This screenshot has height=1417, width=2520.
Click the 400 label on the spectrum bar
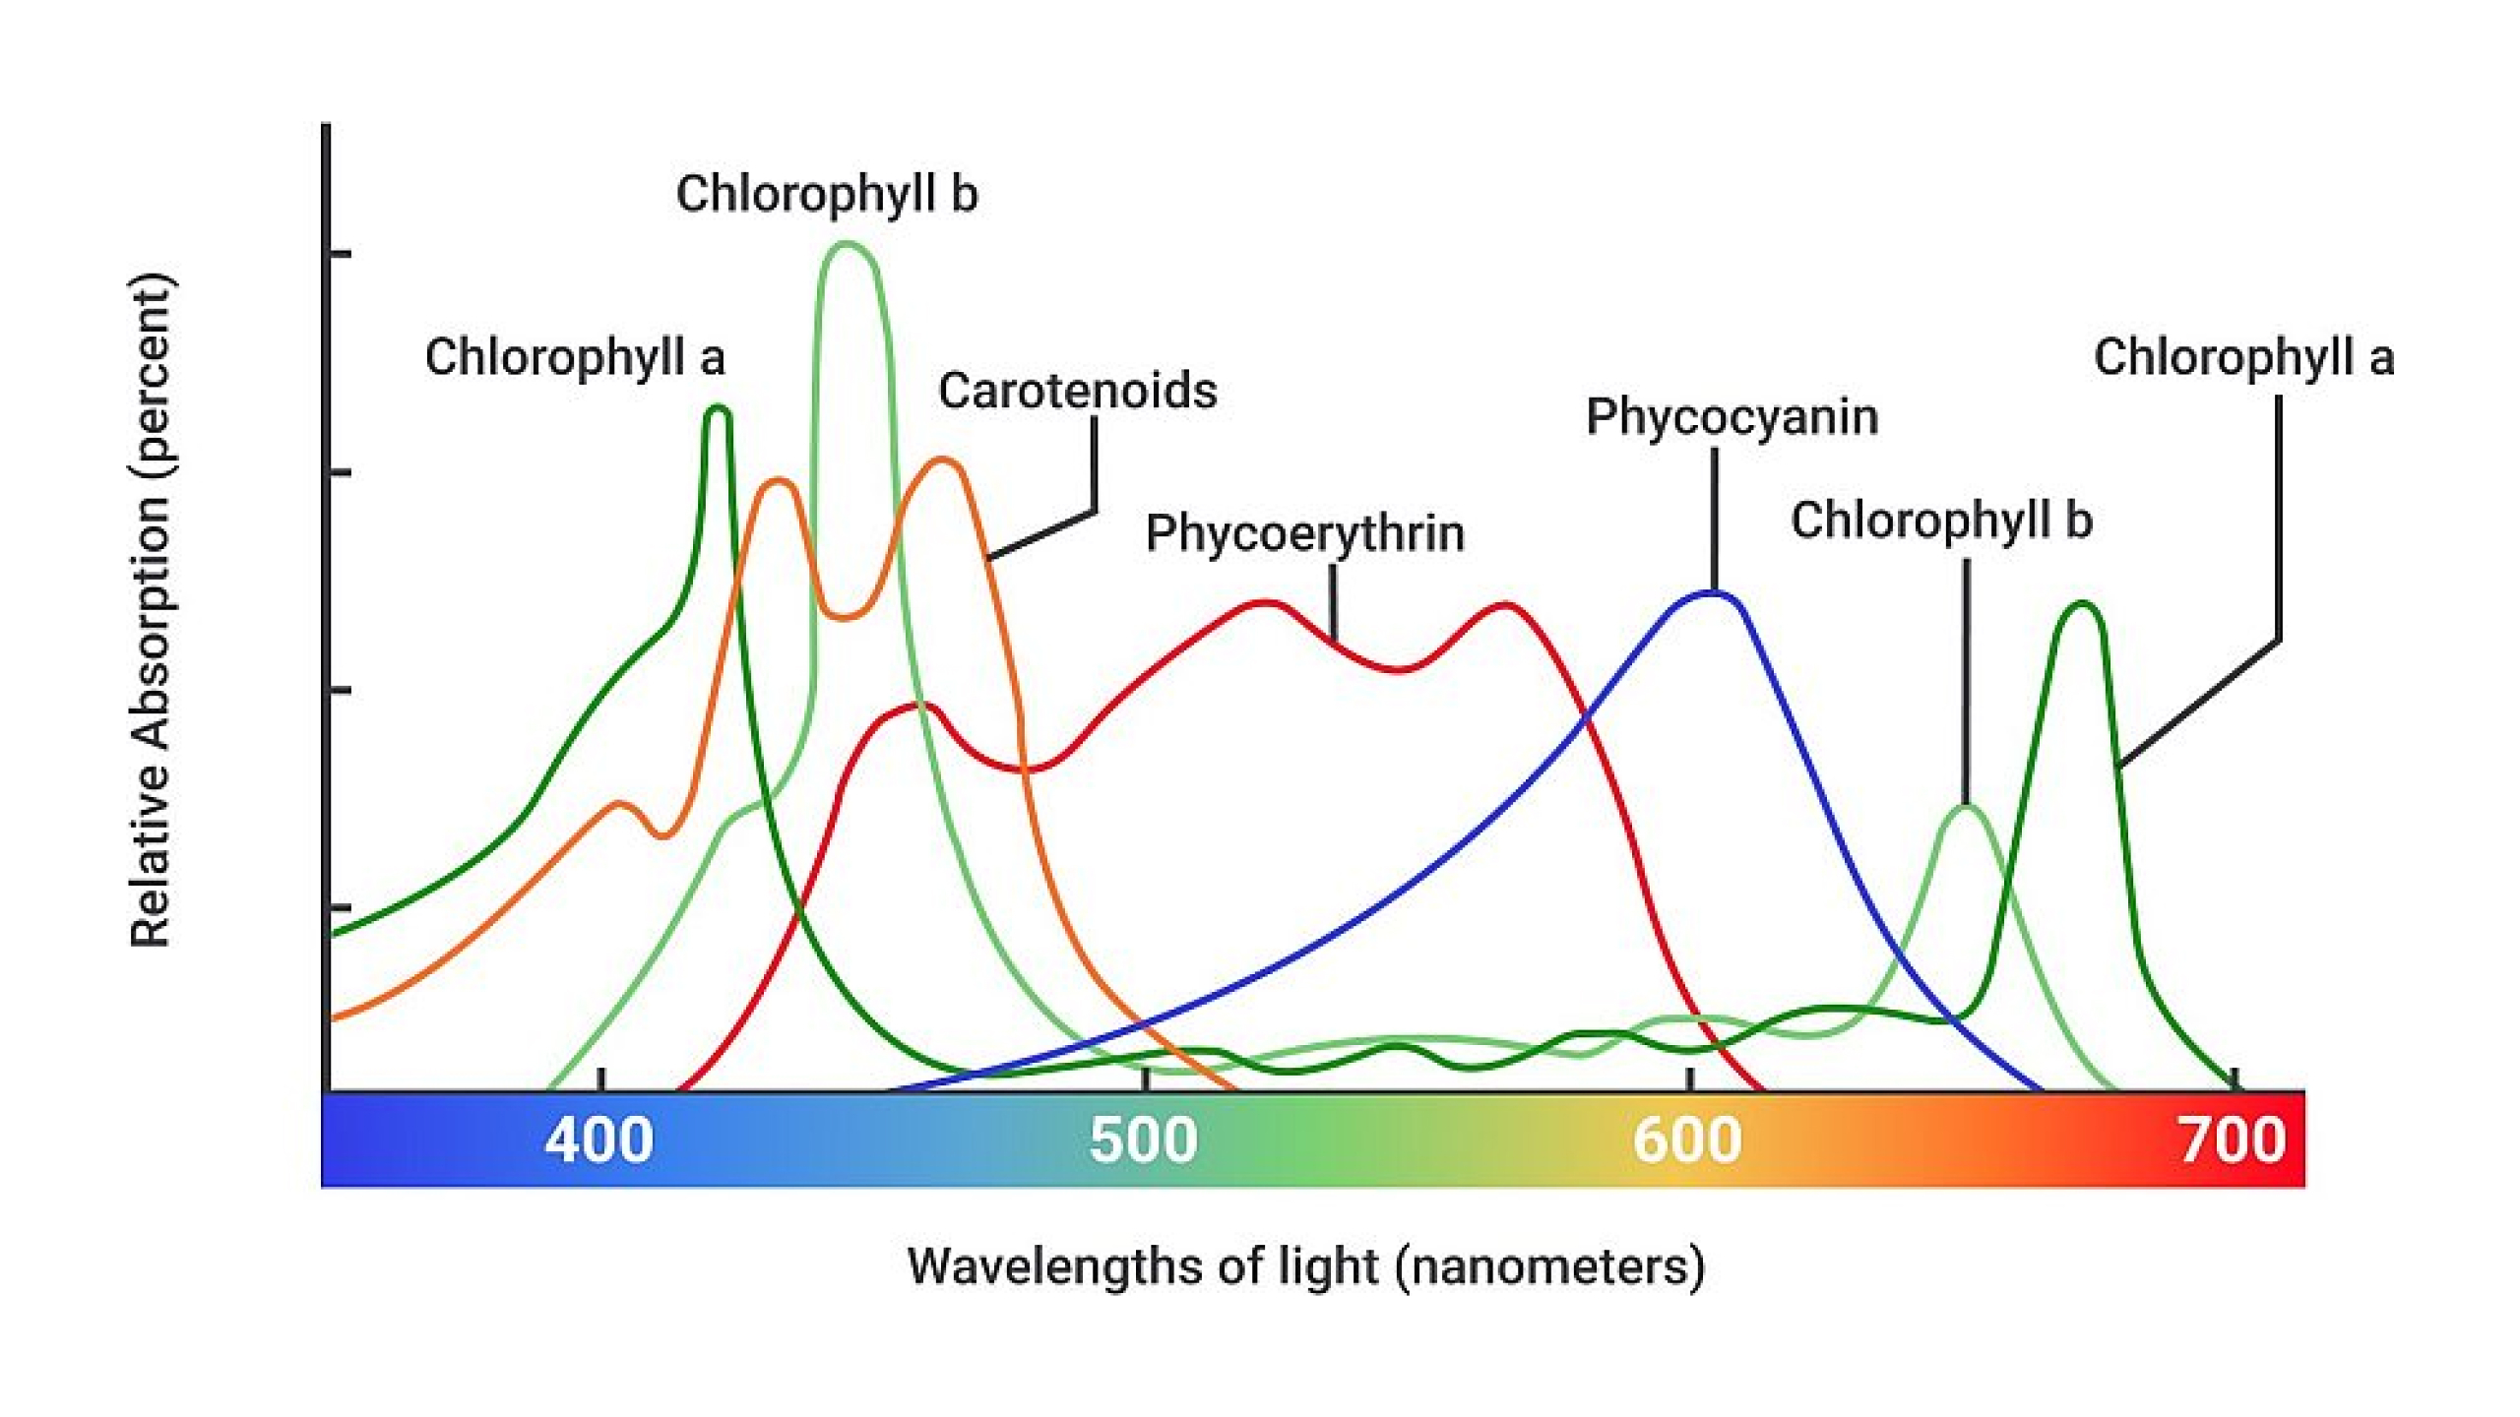[598, 1140]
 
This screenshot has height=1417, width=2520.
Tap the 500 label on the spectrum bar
[1143, 1140]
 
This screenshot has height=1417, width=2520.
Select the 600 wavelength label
[1687, 1140]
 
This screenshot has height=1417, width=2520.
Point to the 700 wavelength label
[2232, 1140]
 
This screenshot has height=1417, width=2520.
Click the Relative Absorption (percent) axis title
[152, 610]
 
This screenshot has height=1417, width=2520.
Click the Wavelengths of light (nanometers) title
[1305, 1266]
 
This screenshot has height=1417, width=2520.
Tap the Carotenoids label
[1077, 391]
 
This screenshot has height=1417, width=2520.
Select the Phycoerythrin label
[1304, 533]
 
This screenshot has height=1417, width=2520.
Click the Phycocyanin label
[1732, 416]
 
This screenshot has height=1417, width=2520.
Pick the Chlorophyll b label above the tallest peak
[826, 193]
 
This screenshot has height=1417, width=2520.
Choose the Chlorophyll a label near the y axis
[575, 356]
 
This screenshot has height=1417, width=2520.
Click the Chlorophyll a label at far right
[2243, 356]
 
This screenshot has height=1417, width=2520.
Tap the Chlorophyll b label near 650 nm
[1940, 520]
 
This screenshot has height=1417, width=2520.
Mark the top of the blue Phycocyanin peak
[1713, 592]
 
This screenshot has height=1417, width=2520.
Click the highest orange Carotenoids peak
[942, 460]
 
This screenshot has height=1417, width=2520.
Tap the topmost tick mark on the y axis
[339, 254]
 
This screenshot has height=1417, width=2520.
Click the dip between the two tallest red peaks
[1398, 669]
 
